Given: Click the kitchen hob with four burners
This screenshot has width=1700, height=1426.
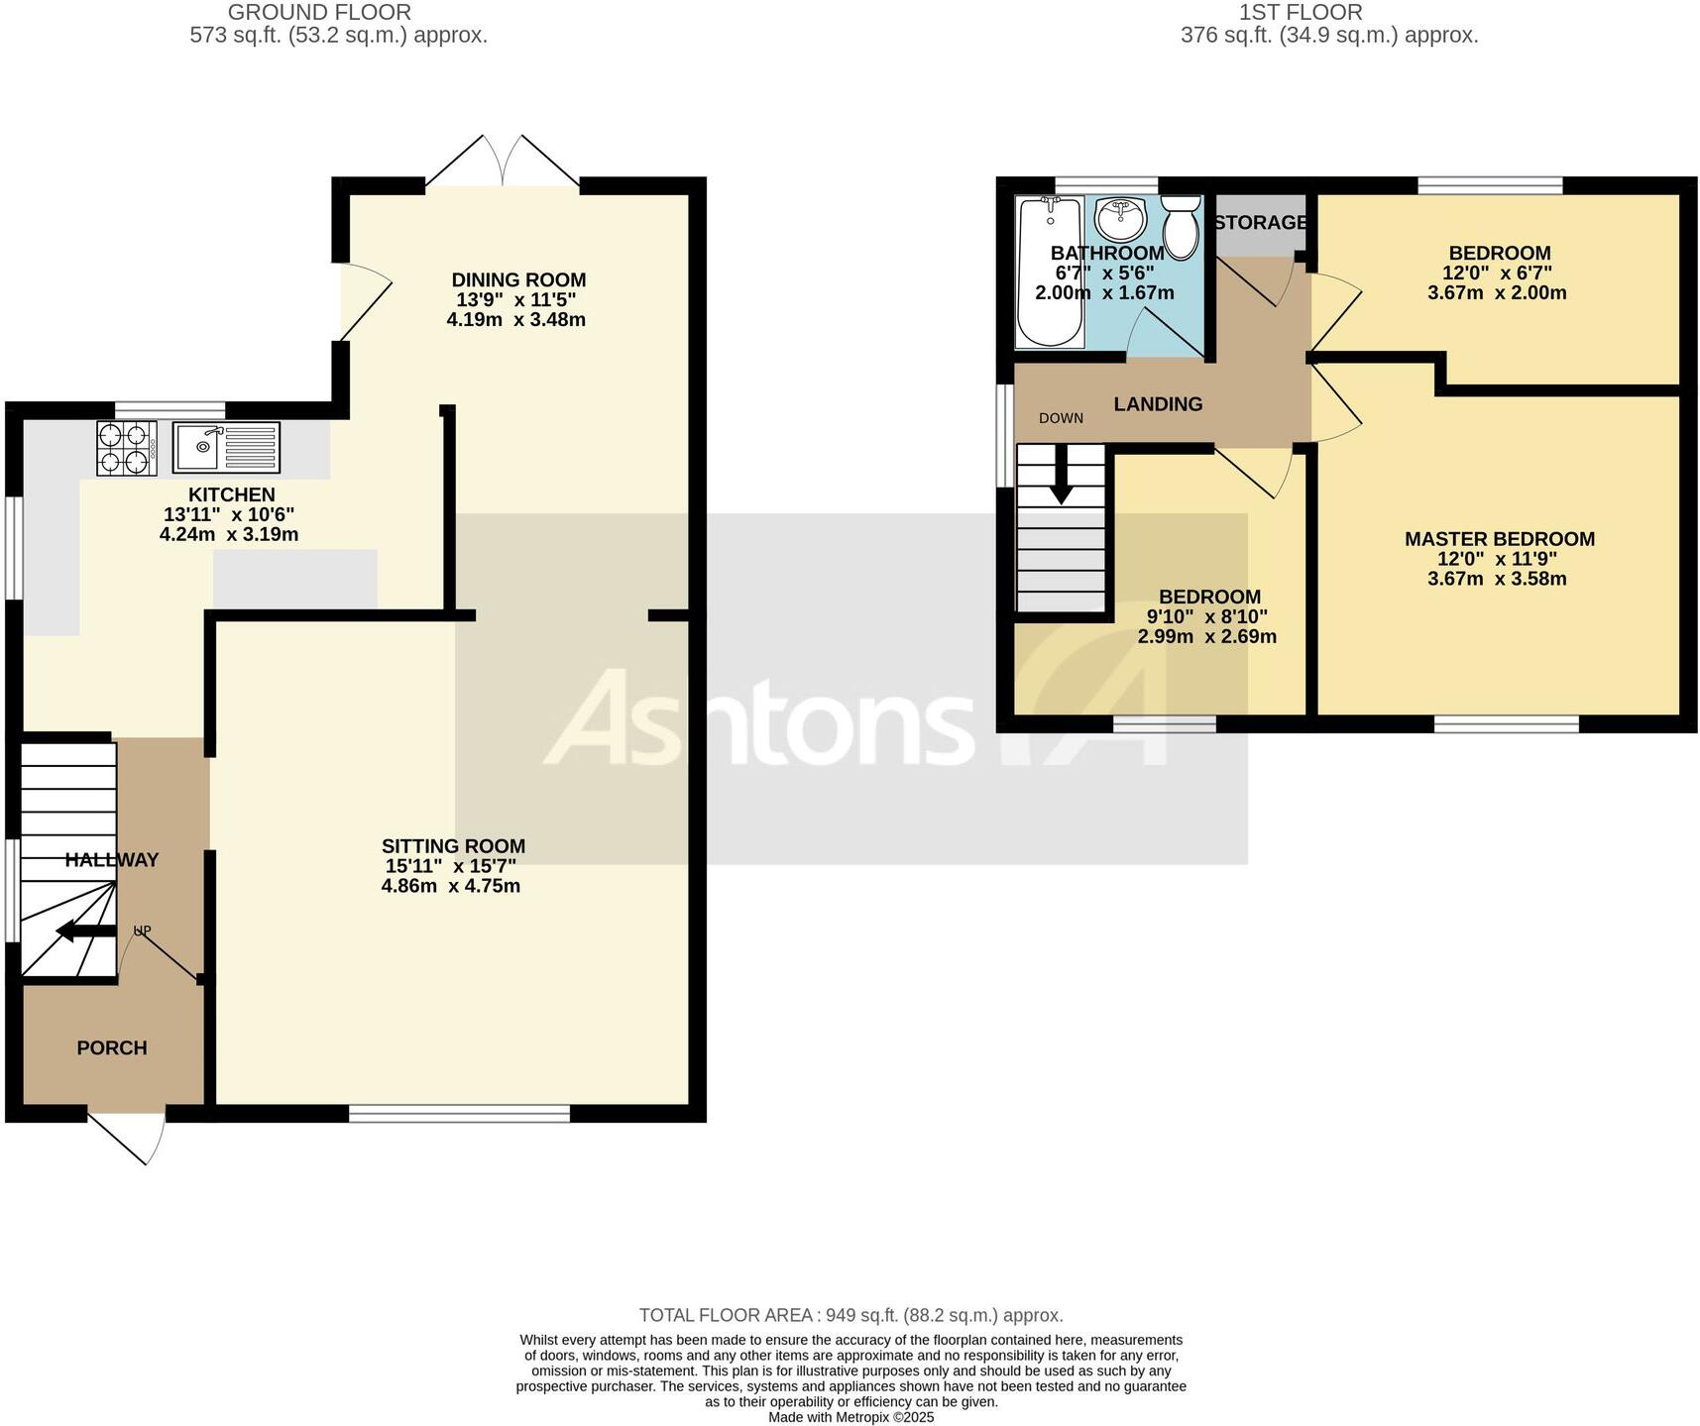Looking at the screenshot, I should [127, 448].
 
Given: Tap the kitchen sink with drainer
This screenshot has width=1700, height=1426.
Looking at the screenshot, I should [226, 447].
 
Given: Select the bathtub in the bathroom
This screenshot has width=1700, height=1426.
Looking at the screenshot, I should [1050, 272].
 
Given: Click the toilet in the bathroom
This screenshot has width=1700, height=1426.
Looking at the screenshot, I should [1180, 227].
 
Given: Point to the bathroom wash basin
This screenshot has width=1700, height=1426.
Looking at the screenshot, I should [1121, 219].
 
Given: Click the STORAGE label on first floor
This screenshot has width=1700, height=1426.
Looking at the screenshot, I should [1260, 222].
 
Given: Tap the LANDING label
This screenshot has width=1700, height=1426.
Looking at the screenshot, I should [1158, 403].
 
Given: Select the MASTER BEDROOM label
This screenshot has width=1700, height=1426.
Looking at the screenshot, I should [1499, 539].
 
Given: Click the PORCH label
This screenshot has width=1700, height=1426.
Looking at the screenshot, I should [112, 1047].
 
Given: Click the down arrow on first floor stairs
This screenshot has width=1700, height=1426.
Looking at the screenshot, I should [1061, 479].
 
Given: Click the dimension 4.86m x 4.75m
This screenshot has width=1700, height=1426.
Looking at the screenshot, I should [450, 885].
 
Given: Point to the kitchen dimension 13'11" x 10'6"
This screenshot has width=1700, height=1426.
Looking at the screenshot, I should [229, 514].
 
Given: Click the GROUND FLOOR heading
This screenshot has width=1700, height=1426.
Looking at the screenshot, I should [319, 13].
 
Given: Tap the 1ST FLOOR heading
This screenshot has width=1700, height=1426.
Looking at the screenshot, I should [1300, 13].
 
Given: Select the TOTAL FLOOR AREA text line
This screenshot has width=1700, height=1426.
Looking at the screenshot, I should [850, 1315].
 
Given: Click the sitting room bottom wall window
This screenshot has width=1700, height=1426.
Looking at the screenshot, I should [459, 1113].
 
